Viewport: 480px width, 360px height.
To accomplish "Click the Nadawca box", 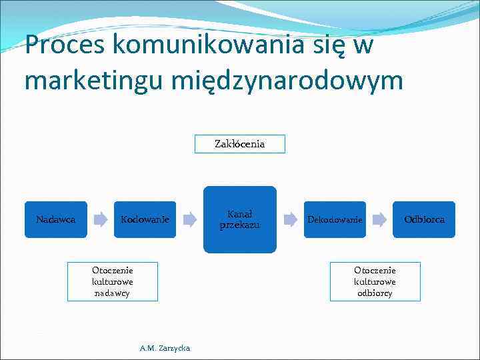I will click(x=56, y=219).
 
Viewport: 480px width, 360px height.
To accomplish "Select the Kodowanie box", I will click(x=145, y=219).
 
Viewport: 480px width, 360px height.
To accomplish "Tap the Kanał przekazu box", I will click(x=239, y=219).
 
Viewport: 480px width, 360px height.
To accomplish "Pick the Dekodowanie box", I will click(x=335, y=219).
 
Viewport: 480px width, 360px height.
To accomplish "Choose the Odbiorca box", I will click(x=424, y=219).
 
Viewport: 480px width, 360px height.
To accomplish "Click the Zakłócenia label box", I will click(x=239, y=144).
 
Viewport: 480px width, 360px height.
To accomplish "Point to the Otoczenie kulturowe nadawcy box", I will click(x=113, y=281).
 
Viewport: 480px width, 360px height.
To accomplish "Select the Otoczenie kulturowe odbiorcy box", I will click(x=375, y=281).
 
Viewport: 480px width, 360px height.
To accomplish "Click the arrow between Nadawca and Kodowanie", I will click(x=100, y=219).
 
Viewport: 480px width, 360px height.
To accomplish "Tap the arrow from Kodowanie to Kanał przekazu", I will click(x=189, y=219).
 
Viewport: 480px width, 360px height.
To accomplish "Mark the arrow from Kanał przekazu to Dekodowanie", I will click(x=290, y=219).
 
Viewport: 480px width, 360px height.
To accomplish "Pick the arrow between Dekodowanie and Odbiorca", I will click(x=379, y=219).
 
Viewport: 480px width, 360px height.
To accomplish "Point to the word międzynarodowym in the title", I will click(x=287, y=81).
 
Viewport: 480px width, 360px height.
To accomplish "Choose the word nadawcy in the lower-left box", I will click(x=113, y=293).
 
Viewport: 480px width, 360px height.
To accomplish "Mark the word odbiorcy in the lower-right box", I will click(x=375, y=293).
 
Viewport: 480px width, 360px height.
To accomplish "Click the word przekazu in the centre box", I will click(x=239, y=225).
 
